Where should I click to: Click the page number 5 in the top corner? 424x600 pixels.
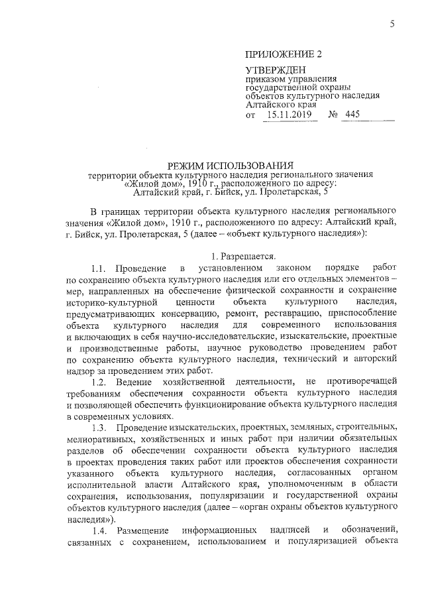tap(392, 25)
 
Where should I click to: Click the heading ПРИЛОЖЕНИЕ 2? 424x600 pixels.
tap(278, 54)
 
